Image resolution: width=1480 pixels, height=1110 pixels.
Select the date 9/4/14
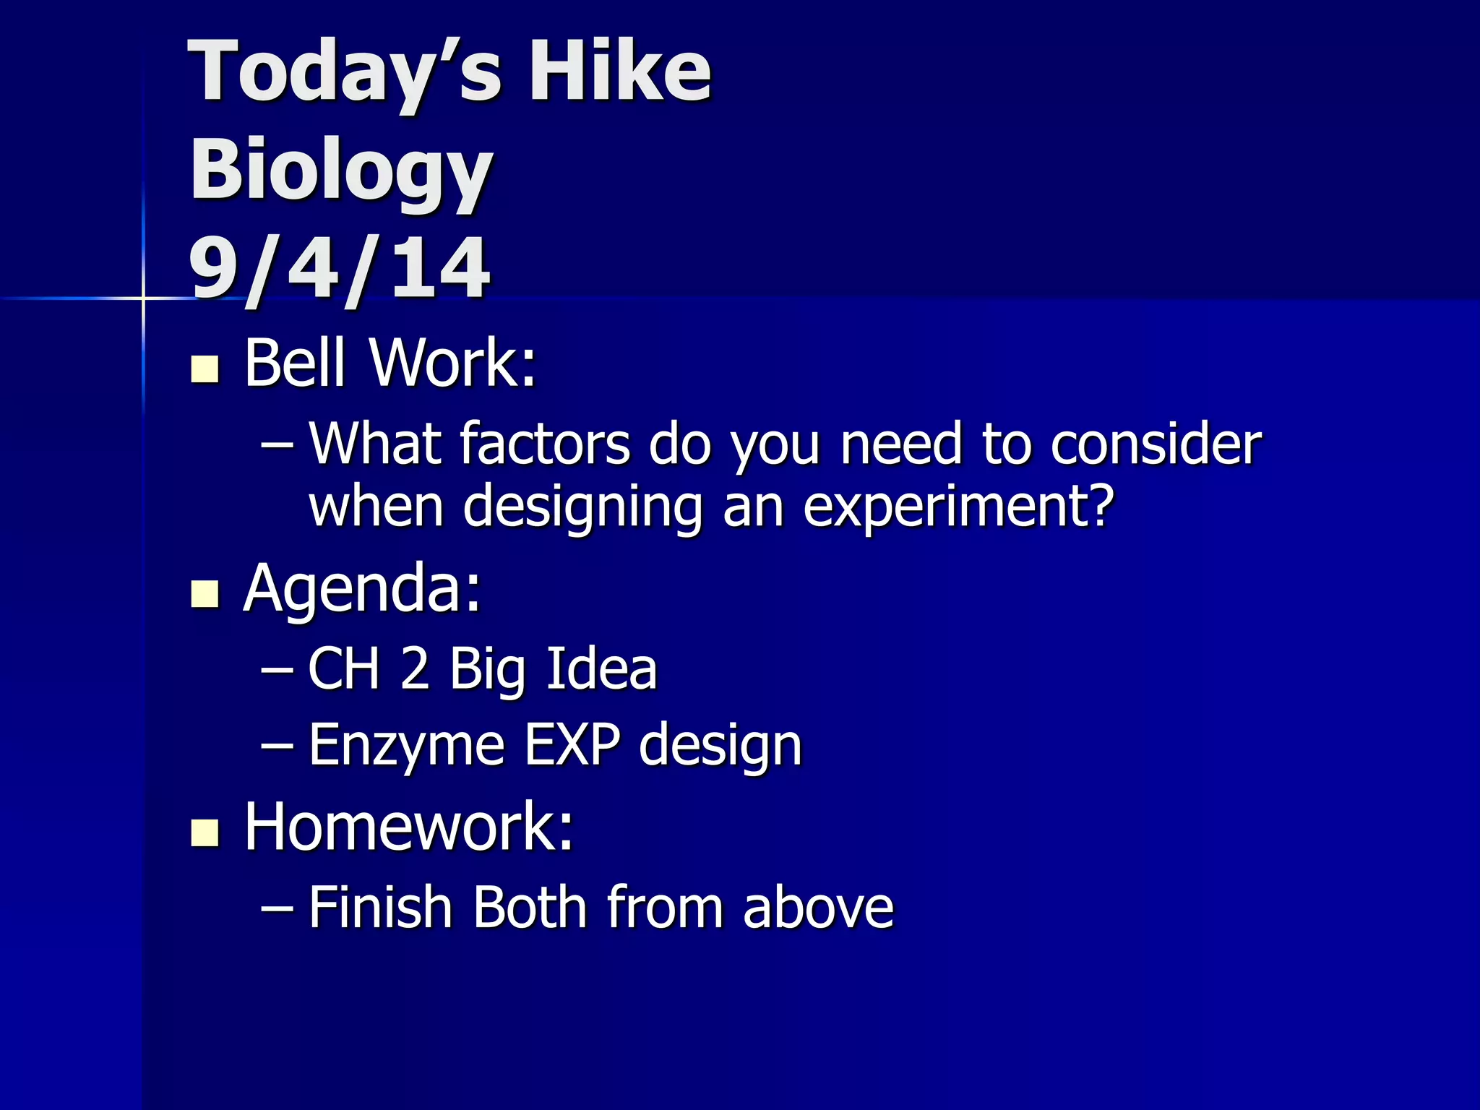tap(339, 269)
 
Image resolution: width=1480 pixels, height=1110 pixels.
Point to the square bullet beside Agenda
tap(205, 594)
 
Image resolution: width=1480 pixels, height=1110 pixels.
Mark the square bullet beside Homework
tap(205, 832)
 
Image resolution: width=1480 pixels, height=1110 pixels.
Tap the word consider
tap(1156, 443)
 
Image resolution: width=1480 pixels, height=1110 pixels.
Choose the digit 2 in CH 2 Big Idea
tap(415, 668)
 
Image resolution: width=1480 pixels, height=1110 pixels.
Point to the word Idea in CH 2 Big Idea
tap(601, 668)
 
